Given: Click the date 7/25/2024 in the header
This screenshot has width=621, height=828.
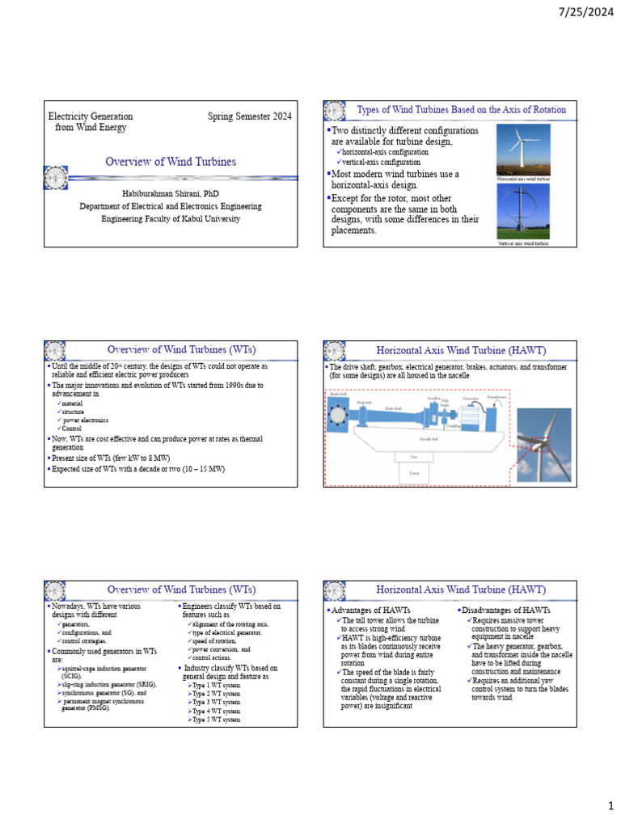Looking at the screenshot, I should coord(582,14).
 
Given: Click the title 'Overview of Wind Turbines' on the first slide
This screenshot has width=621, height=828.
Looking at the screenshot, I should coord(171,162).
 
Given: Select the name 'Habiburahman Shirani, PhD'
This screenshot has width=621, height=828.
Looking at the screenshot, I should coord(170,194).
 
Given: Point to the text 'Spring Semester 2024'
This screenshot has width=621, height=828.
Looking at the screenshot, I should coord(249,116).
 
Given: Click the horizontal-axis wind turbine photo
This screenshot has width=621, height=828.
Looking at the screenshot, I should coord(522,147).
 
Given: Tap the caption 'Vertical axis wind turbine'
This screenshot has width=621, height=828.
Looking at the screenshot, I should coord(522,243).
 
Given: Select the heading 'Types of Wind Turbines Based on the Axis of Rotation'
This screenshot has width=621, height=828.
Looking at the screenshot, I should coord(461,110).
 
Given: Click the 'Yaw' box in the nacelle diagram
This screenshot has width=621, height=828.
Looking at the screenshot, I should coord(413,457).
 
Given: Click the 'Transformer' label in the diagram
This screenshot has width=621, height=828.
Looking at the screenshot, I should coord(496,397).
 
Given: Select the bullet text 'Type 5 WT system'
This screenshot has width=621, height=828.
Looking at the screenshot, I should coord(216,719).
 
